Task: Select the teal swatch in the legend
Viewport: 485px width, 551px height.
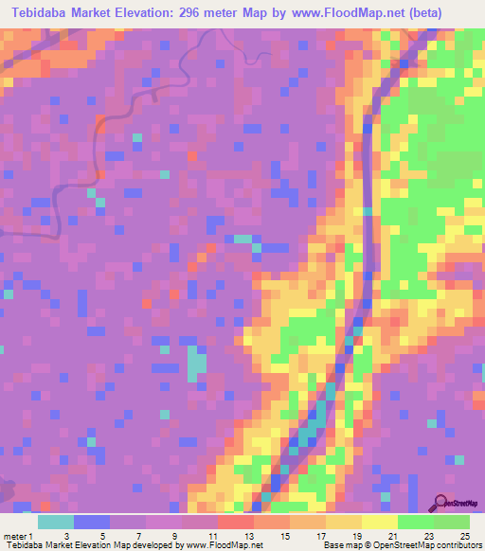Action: point(55,522)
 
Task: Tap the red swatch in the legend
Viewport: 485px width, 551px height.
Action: point(235,522)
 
